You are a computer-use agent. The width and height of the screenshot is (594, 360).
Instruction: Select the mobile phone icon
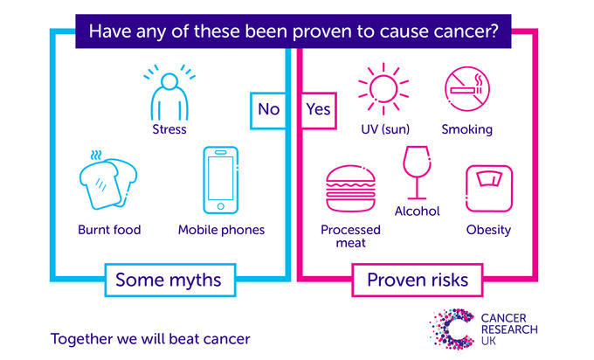tap(221, 180)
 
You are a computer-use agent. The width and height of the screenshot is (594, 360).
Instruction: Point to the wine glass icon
tap(417, 173)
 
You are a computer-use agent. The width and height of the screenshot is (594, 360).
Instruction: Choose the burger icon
tap(349, 190)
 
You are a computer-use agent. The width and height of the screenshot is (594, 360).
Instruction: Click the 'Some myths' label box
tap(168, 280)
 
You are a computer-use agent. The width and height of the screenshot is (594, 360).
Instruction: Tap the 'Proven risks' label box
tap(417, 280)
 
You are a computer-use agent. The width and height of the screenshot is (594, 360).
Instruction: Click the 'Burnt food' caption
tap(108, 230)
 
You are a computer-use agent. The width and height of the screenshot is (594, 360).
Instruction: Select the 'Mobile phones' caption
tap(221, 230)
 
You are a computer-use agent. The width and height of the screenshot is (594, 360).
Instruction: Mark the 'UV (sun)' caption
tap(385, 129)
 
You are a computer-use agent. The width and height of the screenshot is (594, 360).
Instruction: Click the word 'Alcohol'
tap(417, 211)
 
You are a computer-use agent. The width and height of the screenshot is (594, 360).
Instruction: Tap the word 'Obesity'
tap(488, 230)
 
